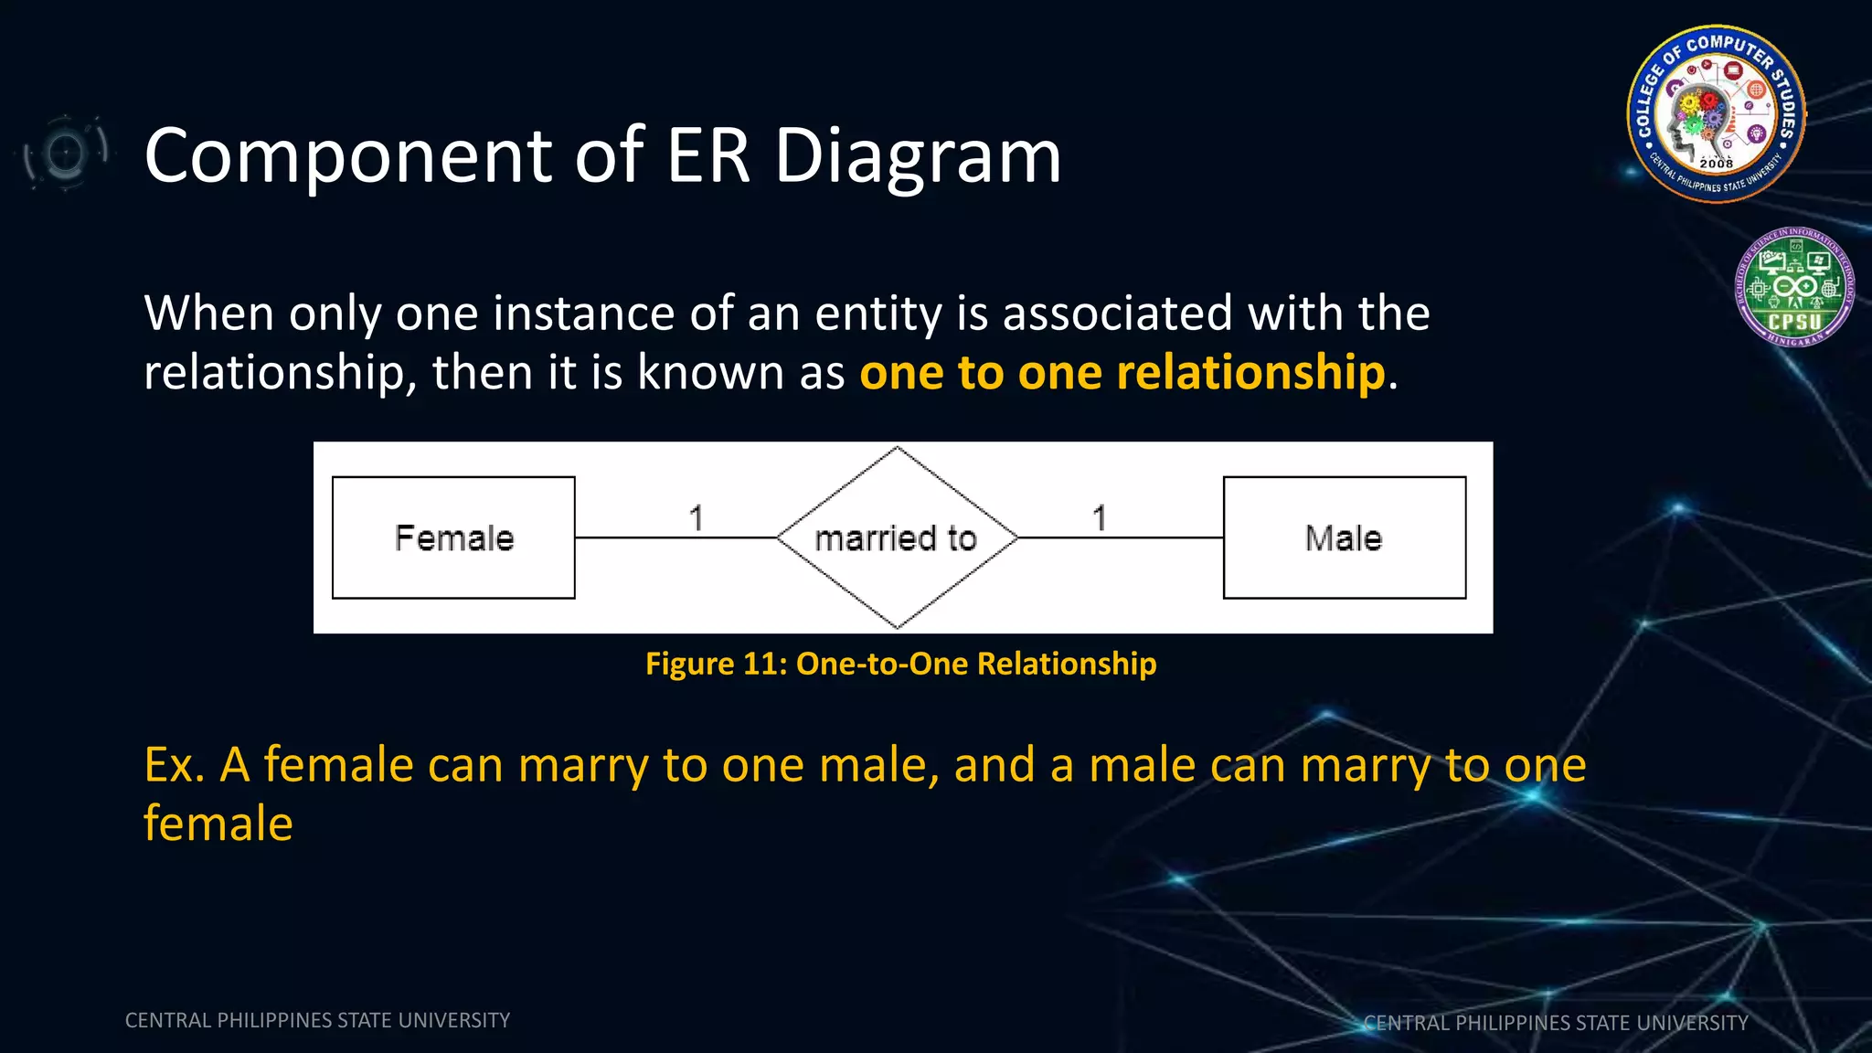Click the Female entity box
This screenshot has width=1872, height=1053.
pyautogui.click(x=453, y=537)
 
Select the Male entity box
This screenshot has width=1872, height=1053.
pyautogui.click(x=1344, y=537)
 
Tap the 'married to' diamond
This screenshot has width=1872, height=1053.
pyautogui.click(x=897, y=537)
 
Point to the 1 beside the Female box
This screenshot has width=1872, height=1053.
pyautogui.click(x=697, y=518)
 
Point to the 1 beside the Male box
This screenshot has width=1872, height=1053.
pyautogui.click(x=1100, y=518)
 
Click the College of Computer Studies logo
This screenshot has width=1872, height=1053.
pyautogui.click(x=1716, y=114)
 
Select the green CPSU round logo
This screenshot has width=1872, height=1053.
pyautogui.click(x=1794, y=287)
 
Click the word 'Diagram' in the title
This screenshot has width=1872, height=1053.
pyautogui.click(x=918, y=155)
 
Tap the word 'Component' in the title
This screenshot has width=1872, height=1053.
pyautogui.click(x=347, y=155)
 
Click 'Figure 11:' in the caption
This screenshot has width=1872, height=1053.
pyautogui.click(x=716, y=664)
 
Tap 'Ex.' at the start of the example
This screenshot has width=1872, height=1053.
pyautogui.click(x=174, y=765)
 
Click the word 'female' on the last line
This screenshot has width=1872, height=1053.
pyautogui.click(x=218, y=824)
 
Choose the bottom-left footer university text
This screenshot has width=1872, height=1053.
pyautogui.click(x=317, y=1020)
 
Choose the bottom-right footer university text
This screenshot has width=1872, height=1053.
pyautogui.click(x=1556, y=1023)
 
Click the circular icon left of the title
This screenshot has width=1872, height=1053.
pyautogui.click(x=65, y=153)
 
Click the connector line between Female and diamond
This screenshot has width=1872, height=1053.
pyautogui.click(x=676, y=537)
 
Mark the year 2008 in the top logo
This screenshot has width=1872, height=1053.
pyautogui.click(x=1716, y=164)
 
